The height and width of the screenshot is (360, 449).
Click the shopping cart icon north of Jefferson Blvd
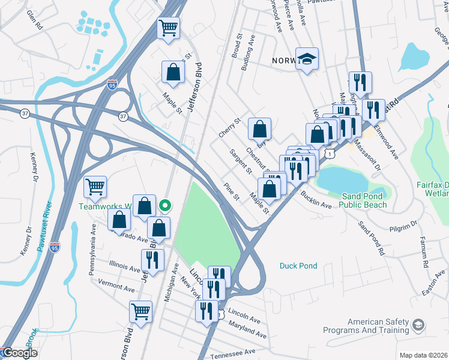tap(169, 27)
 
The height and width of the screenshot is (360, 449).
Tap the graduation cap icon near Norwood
tap(307, 59)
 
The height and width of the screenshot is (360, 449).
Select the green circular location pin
tap(166, 206)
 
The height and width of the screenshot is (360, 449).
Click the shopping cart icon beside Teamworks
tap(95, 188)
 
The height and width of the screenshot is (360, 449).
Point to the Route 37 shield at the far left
tap(24, 113)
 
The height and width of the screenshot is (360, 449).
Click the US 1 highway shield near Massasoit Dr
tap(330, 154)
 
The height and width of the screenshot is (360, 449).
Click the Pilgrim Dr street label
tap(402, 226)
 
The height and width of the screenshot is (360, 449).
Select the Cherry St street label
tap(229, 128)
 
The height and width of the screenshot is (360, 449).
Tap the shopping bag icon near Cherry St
tap(259, 129)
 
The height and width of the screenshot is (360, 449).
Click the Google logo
tap(20, 353)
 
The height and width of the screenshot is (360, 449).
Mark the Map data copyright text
tap(423, 355)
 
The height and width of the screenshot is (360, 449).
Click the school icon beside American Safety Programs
tap(418, 326)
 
